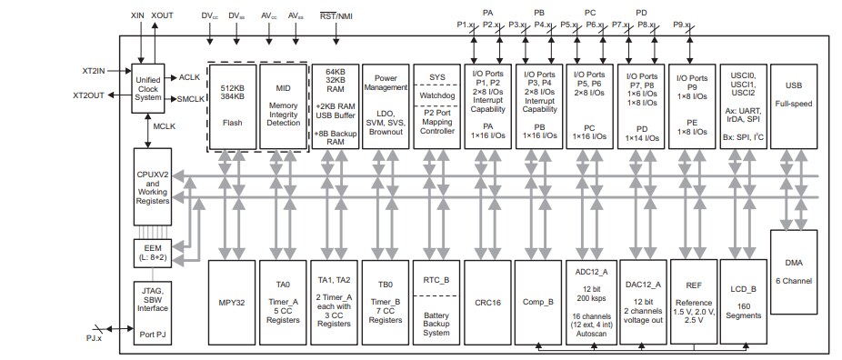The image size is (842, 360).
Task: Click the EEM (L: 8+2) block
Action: coord(148,253)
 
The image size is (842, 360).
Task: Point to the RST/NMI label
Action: coord(337,15)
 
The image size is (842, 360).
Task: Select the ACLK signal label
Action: coord(190,77)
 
